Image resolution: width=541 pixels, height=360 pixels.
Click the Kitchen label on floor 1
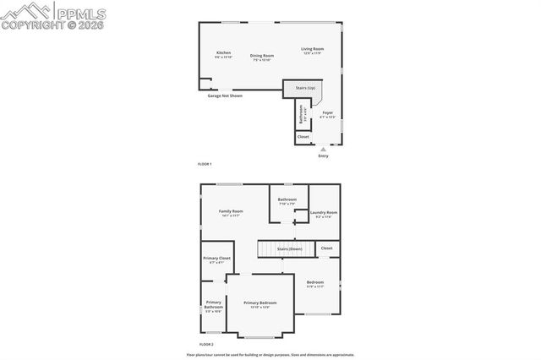pos(223,52)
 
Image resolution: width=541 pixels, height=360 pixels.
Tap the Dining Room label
pos(262,56)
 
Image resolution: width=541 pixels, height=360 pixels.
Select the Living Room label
pos(313,49)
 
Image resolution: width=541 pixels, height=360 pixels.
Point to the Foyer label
pos(328,112)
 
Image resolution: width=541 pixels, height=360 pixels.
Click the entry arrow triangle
pos(322,149)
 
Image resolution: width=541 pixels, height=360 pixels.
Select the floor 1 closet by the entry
pos(303,136)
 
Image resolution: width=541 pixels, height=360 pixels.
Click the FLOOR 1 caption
pos(205,163)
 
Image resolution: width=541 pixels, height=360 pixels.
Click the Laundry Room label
pos(324,212)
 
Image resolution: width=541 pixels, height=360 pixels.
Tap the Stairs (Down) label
pos(290,249)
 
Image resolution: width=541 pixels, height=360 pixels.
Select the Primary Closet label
pos(216,258)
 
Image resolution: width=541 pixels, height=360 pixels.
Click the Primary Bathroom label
pos(213,304)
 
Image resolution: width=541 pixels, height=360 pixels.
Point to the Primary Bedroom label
pos(260,303)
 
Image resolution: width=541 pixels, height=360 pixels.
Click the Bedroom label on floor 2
pos(315,281)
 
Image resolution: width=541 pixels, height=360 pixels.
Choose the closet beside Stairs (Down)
pos(326,248)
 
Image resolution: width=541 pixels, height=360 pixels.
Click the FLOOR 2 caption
pos(206,345)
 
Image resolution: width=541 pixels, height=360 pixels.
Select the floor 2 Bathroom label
pos(287,199)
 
